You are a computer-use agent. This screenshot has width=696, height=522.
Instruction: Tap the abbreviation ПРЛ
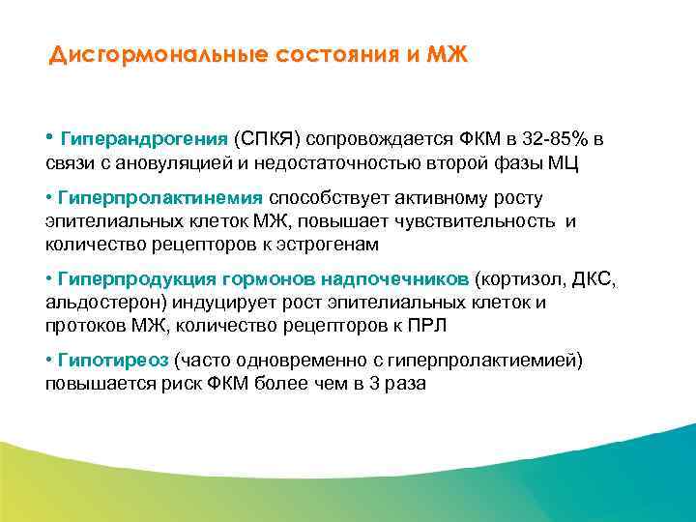(427, 326)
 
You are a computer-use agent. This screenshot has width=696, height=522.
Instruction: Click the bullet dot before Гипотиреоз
(49, 361)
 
